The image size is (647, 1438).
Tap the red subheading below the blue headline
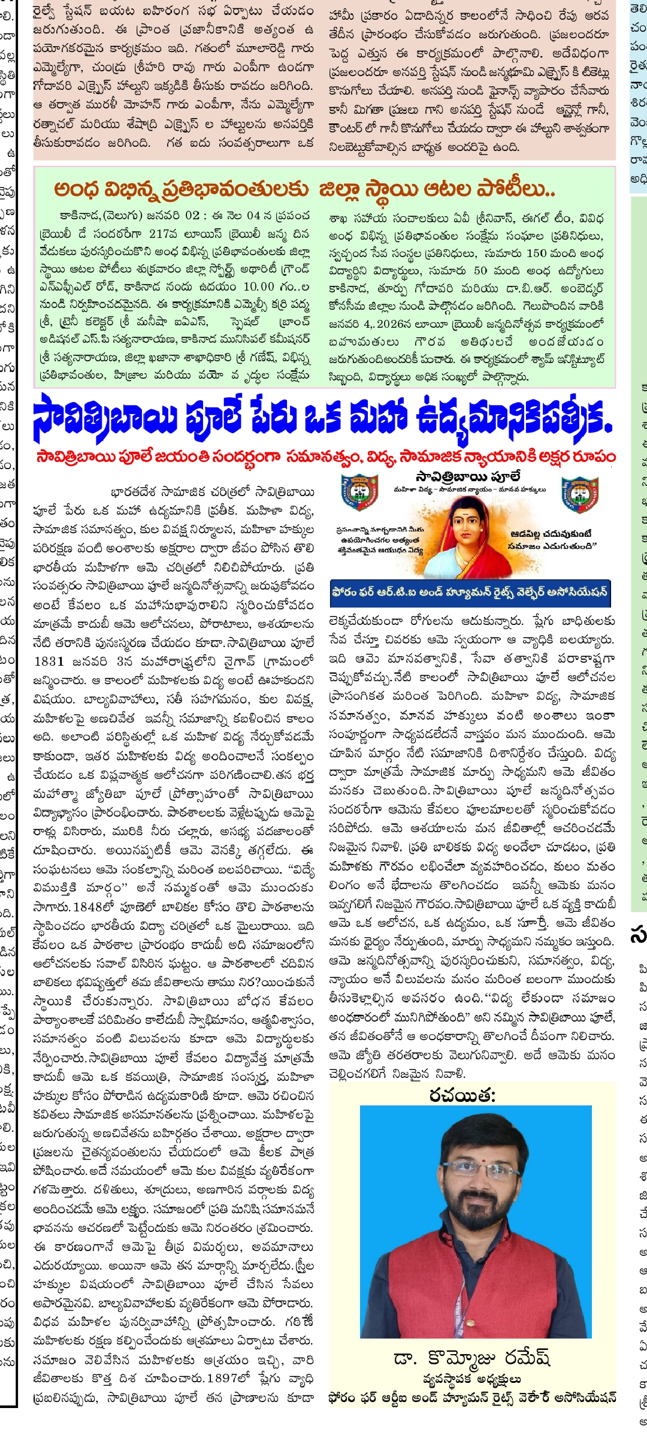click(326, 457)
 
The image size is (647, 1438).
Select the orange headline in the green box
click(304, 189)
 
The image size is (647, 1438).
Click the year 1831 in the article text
click(49, 661)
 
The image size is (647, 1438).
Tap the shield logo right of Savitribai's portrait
click(579, 495)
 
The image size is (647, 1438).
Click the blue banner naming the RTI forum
click(470, 592)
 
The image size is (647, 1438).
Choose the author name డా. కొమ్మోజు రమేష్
click(471, 1357)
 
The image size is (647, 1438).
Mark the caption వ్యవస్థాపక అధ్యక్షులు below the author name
click(471, 1379)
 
